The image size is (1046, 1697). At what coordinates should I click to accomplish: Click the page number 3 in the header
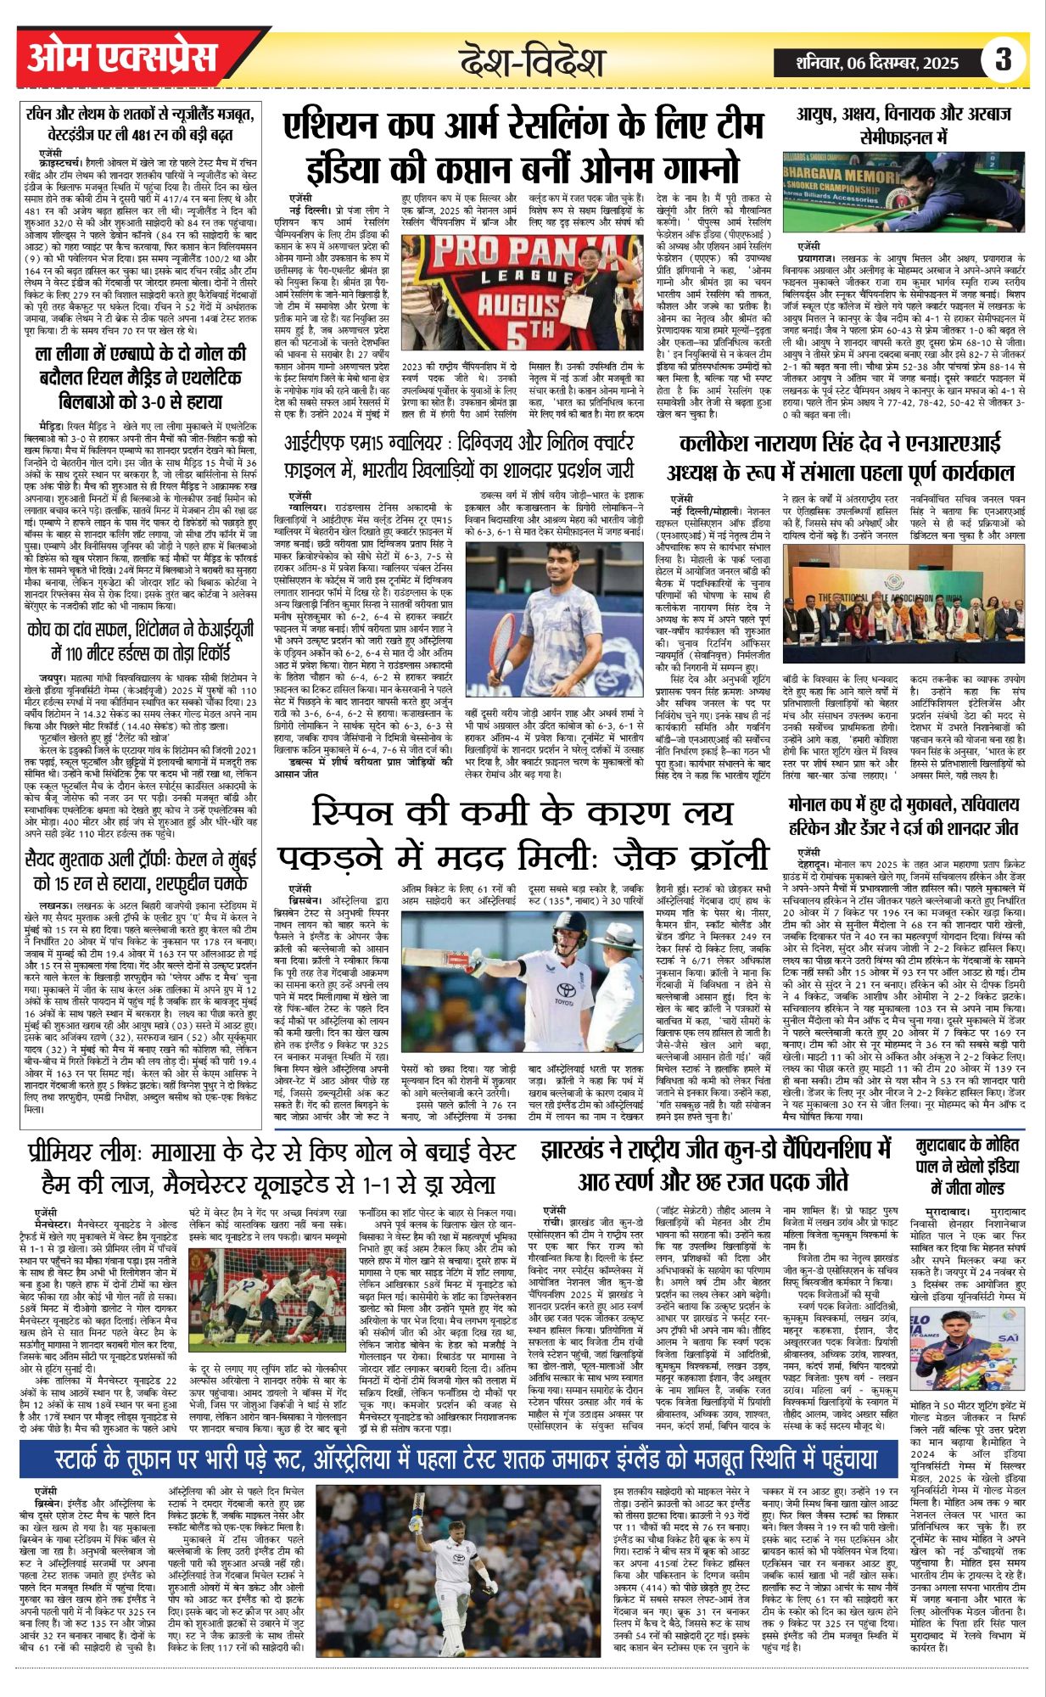1004,60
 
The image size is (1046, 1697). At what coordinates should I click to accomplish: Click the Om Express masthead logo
123,58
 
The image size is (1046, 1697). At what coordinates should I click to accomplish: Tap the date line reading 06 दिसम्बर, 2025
878,62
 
